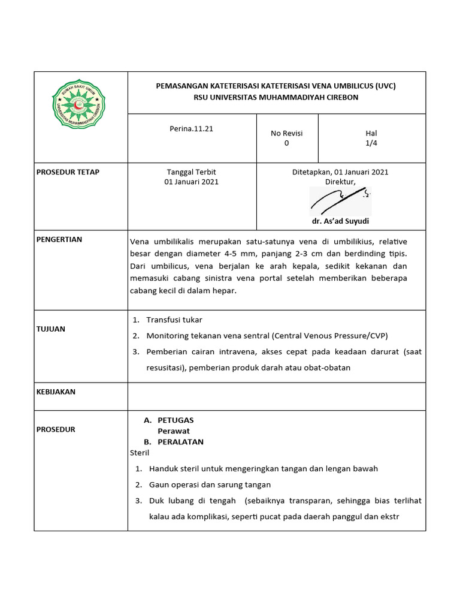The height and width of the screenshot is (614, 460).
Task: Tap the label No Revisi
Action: click(286, 133)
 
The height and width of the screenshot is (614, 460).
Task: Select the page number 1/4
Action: click(371, 143)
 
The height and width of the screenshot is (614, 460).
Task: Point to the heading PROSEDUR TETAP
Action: click(67, 172)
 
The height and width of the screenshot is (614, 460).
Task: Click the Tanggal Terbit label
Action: click(192, 172)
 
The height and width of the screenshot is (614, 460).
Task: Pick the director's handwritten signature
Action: click(340, 200)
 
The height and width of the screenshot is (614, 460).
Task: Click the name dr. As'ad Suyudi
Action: click(340, 221)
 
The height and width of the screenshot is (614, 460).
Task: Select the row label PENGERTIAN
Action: click(60, 239)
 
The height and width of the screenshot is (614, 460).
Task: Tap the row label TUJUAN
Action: click(52, 329)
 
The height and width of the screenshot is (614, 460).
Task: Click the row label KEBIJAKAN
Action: click(56, 392)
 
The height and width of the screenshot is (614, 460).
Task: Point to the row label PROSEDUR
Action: click(56, 429)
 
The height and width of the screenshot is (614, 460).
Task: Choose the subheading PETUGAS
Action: click(175, 420)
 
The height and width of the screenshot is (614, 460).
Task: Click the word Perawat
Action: click(174, 431)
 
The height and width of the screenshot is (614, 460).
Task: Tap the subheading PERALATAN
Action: click(180, 442)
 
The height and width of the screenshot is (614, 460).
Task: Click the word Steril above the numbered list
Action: click(140, 453)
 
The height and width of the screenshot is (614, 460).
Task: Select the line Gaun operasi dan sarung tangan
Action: click(210, 484)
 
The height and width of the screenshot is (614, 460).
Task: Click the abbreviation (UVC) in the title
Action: click(386, 86)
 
